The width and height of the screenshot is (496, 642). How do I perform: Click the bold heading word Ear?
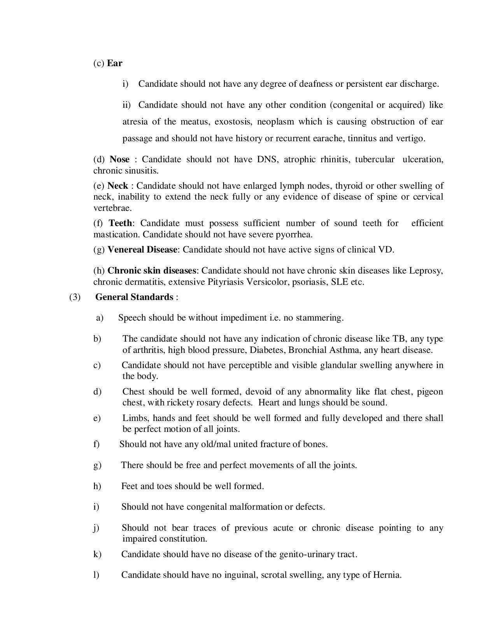pyautogui.click(x=115, y=63)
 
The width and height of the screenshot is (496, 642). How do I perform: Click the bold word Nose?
pyautogui.click(x=119, y=159)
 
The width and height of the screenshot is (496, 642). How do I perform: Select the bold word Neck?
pyautogui.click(x=117, y=186)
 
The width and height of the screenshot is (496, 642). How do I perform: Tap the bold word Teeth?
pyautogui.click(x=120, y=223)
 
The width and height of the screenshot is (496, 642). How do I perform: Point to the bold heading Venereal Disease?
pyautogui.click(x=142, y=249)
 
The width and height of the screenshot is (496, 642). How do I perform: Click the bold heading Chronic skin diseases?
pyautogui.click(x=152, y=270)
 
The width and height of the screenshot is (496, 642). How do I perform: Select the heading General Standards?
pyautogui.click(x=134, y=297)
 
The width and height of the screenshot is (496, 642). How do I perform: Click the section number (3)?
pyautogui.click(x=75, y=297)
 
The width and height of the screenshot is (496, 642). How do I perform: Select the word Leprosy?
pyautogui.click(x=426, y=270)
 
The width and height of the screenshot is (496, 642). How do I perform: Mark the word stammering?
pyautogui.click(x=319, y=318)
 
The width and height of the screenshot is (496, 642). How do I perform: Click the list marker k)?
pyautogui.click(x=97, y=554)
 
